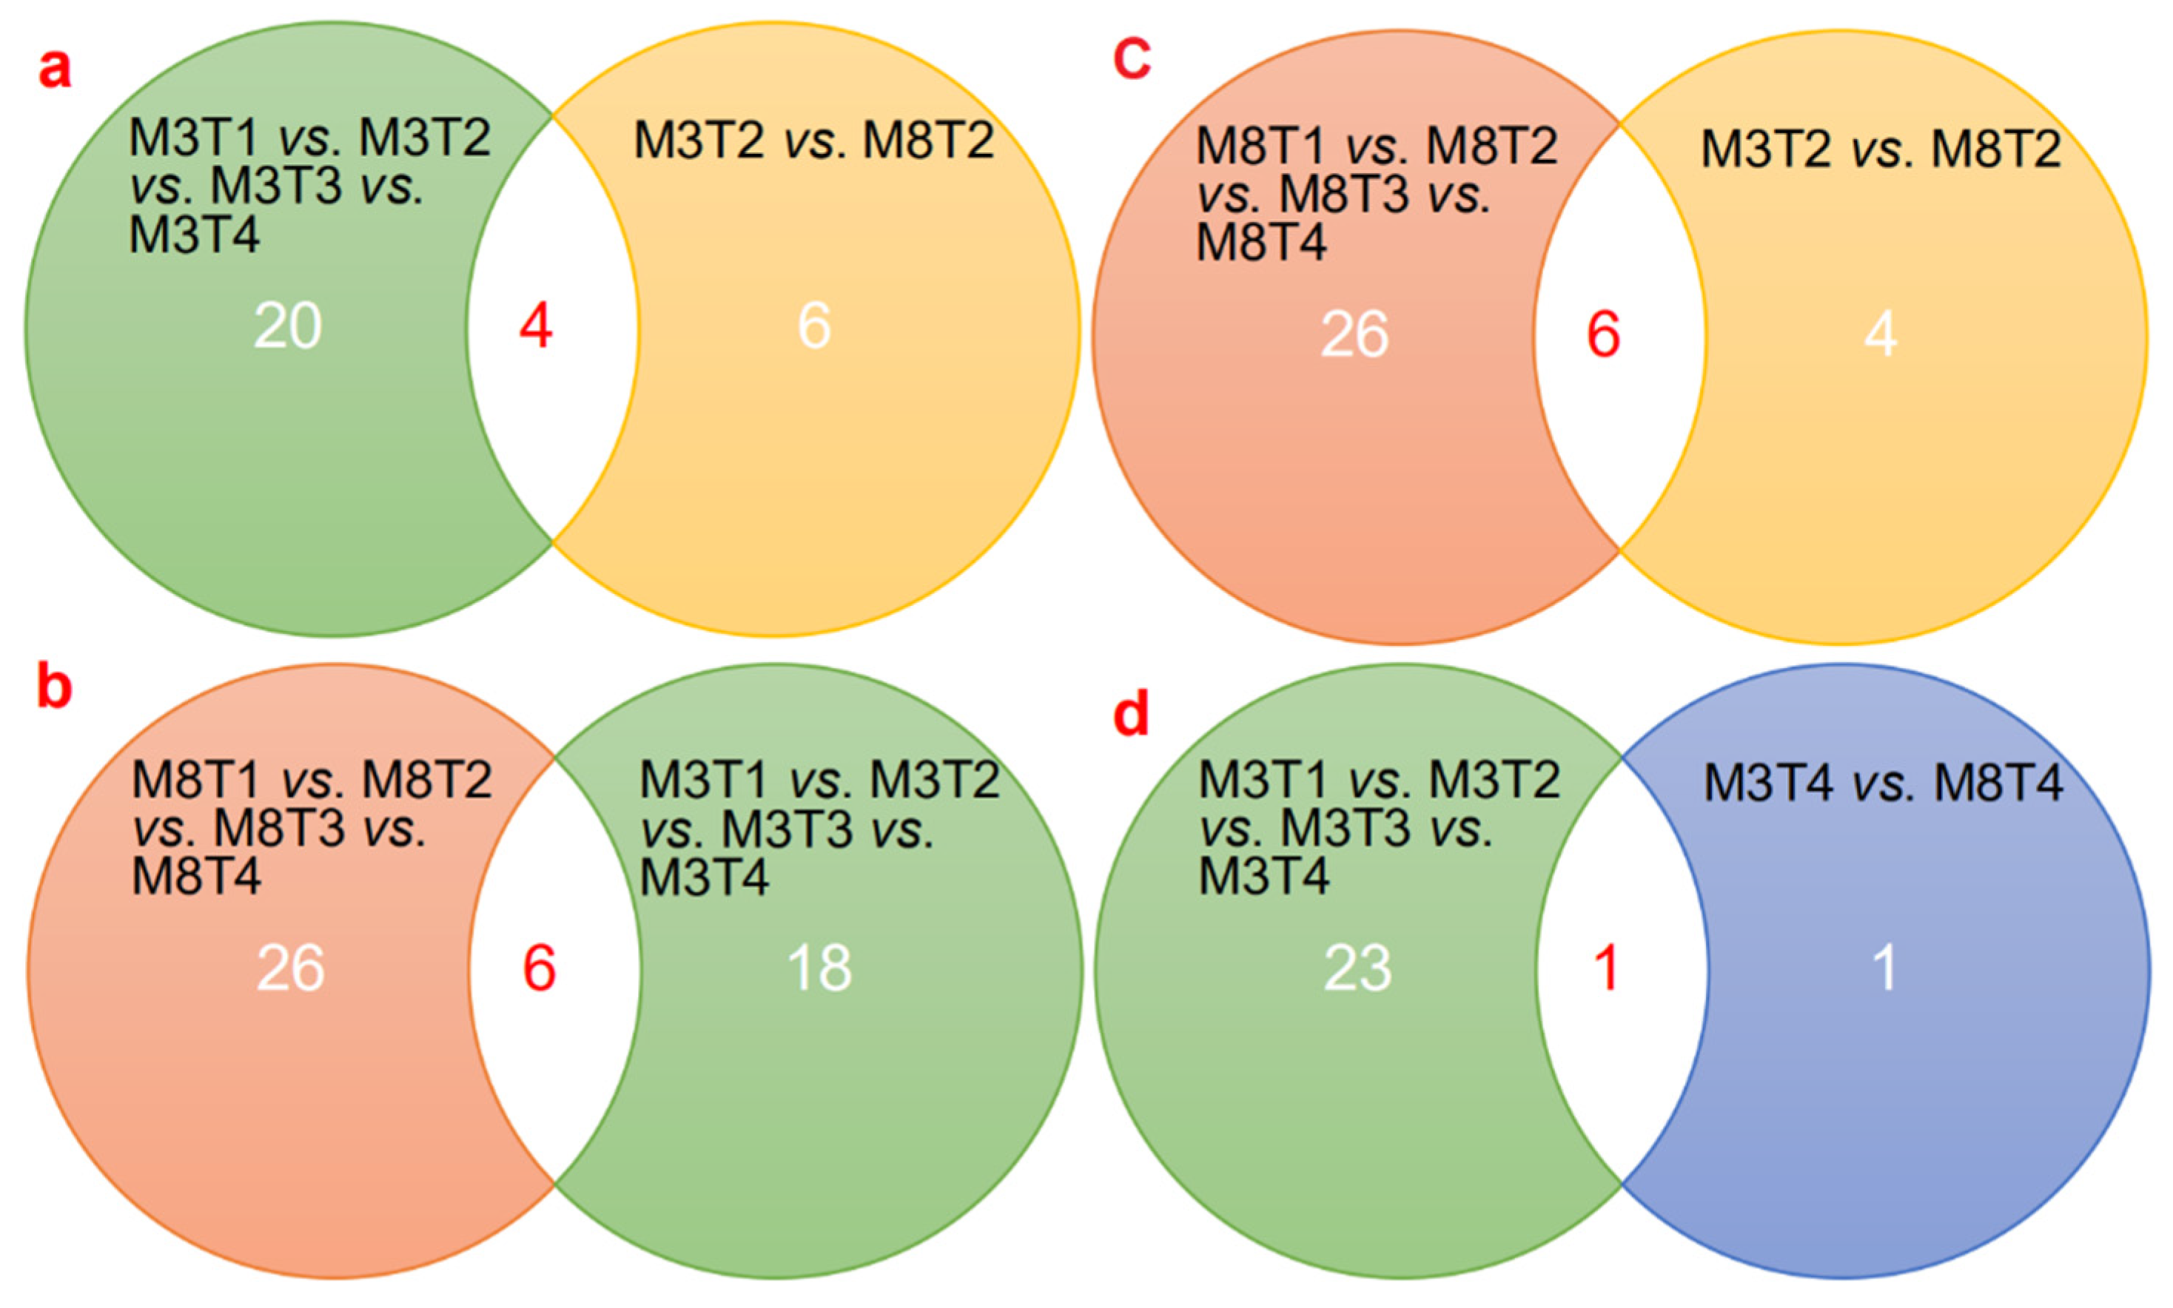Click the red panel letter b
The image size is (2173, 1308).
pyautogui.click(x=55, y=688)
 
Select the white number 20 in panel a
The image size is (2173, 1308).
pyautogui.click(x=288, y=327)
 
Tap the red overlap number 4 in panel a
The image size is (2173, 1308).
pyautogui.click(x=536, y=327)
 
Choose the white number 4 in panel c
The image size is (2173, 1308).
pyautogui.click(x=1881, y=336)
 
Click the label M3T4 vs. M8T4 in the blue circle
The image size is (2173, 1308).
pyautogui.click(x=1883, y=783)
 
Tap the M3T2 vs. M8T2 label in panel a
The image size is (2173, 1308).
pyautogui.click(x=813, y=140)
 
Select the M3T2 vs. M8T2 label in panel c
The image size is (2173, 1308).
pyautogui.click(x=1881, y=149)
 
